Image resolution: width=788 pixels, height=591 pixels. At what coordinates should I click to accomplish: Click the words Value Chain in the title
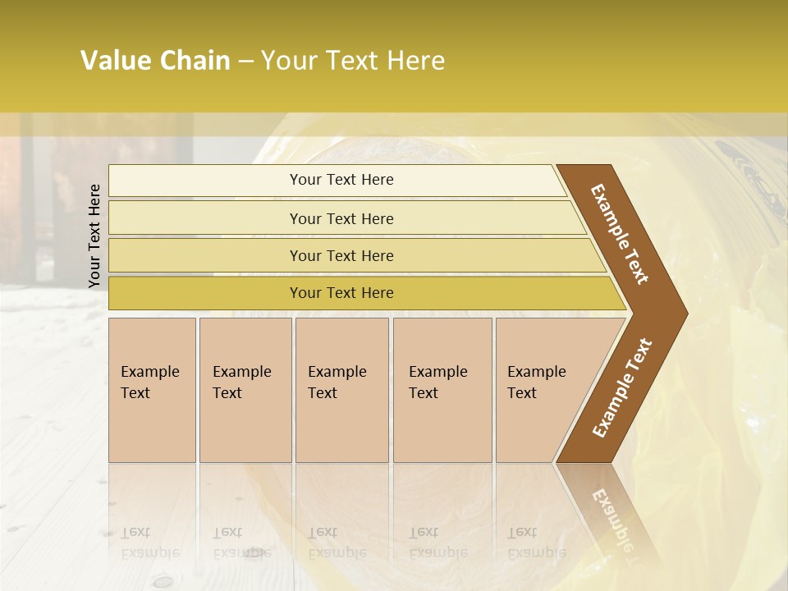tap(155, 62)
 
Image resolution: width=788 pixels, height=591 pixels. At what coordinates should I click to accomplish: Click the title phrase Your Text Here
tap(353, 62)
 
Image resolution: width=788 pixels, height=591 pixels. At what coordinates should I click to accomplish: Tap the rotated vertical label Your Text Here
tap(94, 236)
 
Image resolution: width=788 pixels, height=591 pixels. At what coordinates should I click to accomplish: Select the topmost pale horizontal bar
tap(341, 181)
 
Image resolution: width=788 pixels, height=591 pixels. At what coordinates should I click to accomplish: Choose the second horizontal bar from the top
tap(341, 218)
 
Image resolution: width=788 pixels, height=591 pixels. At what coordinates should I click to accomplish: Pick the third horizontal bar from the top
tap(341, 256)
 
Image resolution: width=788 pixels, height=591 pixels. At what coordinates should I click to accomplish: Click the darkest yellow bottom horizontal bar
tap(341, 293)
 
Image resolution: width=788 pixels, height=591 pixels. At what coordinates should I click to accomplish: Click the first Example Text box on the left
tap(152, 390)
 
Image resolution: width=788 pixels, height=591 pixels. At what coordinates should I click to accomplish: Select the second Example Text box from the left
tap(245, 390)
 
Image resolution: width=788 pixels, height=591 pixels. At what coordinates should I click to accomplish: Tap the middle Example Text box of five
tap(341, 390)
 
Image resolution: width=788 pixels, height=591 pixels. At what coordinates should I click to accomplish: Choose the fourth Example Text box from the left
tap(442, 390)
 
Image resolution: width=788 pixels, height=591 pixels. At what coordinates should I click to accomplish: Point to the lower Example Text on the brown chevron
tap(622, 388)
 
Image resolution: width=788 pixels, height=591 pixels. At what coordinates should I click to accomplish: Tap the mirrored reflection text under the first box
tap(149, 543)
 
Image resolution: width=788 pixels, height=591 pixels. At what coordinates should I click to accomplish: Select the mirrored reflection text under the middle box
tap(337, 543)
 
